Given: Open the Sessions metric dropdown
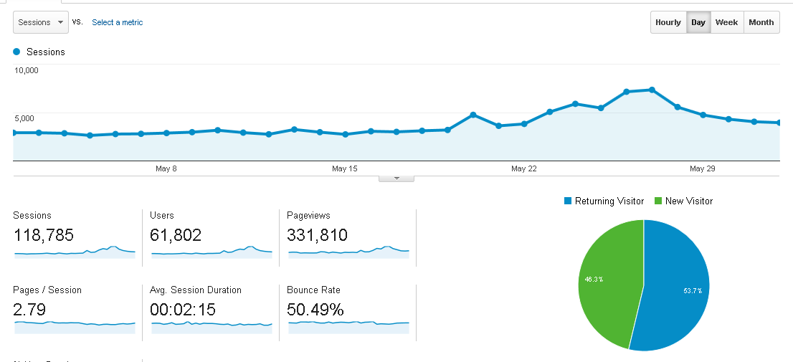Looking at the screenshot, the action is [x=40, y=22].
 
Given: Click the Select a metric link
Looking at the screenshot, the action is [x=118, y=22].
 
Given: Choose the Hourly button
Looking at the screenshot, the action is [x=668, y=22].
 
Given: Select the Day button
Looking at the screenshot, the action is [x=698, y=22].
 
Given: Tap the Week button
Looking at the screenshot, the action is [x=727, y=22].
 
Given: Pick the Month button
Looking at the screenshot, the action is [x=761, y=22].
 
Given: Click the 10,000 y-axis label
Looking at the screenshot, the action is [x=27, y=70].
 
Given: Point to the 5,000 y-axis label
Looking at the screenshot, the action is [x=24, y=118].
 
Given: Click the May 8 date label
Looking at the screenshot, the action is [x=166, y=168].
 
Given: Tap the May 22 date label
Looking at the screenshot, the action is [x=524, y=168].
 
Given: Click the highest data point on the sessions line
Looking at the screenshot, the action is [x=652, y=90].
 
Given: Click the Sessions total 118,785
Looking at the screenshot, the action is [x=44, y=235].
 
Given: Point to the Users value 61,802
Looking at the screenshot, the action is [x=176, y=235].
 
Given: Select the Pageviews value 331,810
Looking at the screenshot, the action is [x=317, y=235].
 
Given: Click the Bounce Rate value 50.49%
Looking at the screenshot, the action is [x=315, y=309].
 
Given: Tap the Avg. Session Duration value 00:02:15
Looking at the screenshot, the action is [x=183, y=309].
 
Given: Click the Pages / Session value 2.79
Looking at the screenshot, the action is [x=29, y=309].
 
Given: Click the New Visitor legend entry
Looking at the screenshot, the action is [x=683, y=201].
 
